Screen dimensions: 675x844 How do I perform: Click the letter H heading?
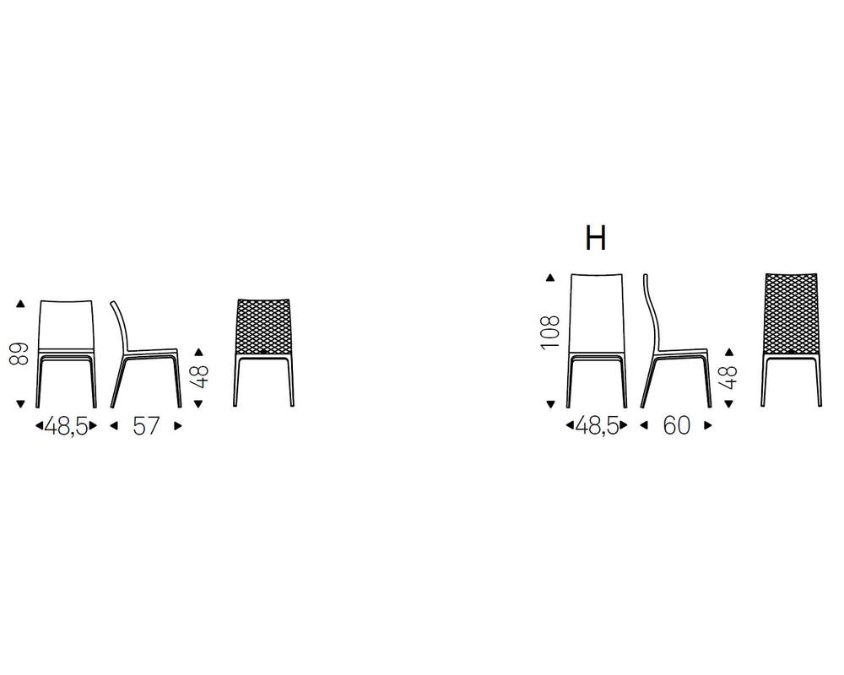(596, 239)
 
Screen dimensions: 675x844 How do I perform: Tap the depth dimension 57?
(145, 426)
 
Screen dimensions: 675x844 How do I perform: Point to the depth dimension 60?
(676, 426)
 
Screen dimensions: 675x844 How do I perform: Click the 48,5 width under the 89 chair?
(66, 426)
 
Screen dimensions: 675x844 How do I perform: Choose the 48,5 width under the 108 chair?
(597, 426)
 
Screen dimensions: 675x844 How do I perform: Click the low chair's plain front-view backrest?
(66, 323)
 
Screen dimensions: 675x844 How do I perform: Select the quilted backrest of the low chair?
(263, 324)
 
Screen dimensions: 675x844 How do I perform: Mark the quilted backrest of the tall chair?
(791, 310)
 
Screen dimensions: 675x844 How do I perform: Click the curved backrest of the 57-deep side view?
(119, 321)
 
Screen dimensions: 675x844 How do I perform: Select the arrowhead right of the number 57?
(177, 426)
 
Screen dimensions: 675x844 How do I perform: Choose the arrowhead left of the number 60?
(645, 426)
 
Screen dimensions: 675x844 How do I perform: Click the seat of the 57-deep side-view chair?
(152, 350)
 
